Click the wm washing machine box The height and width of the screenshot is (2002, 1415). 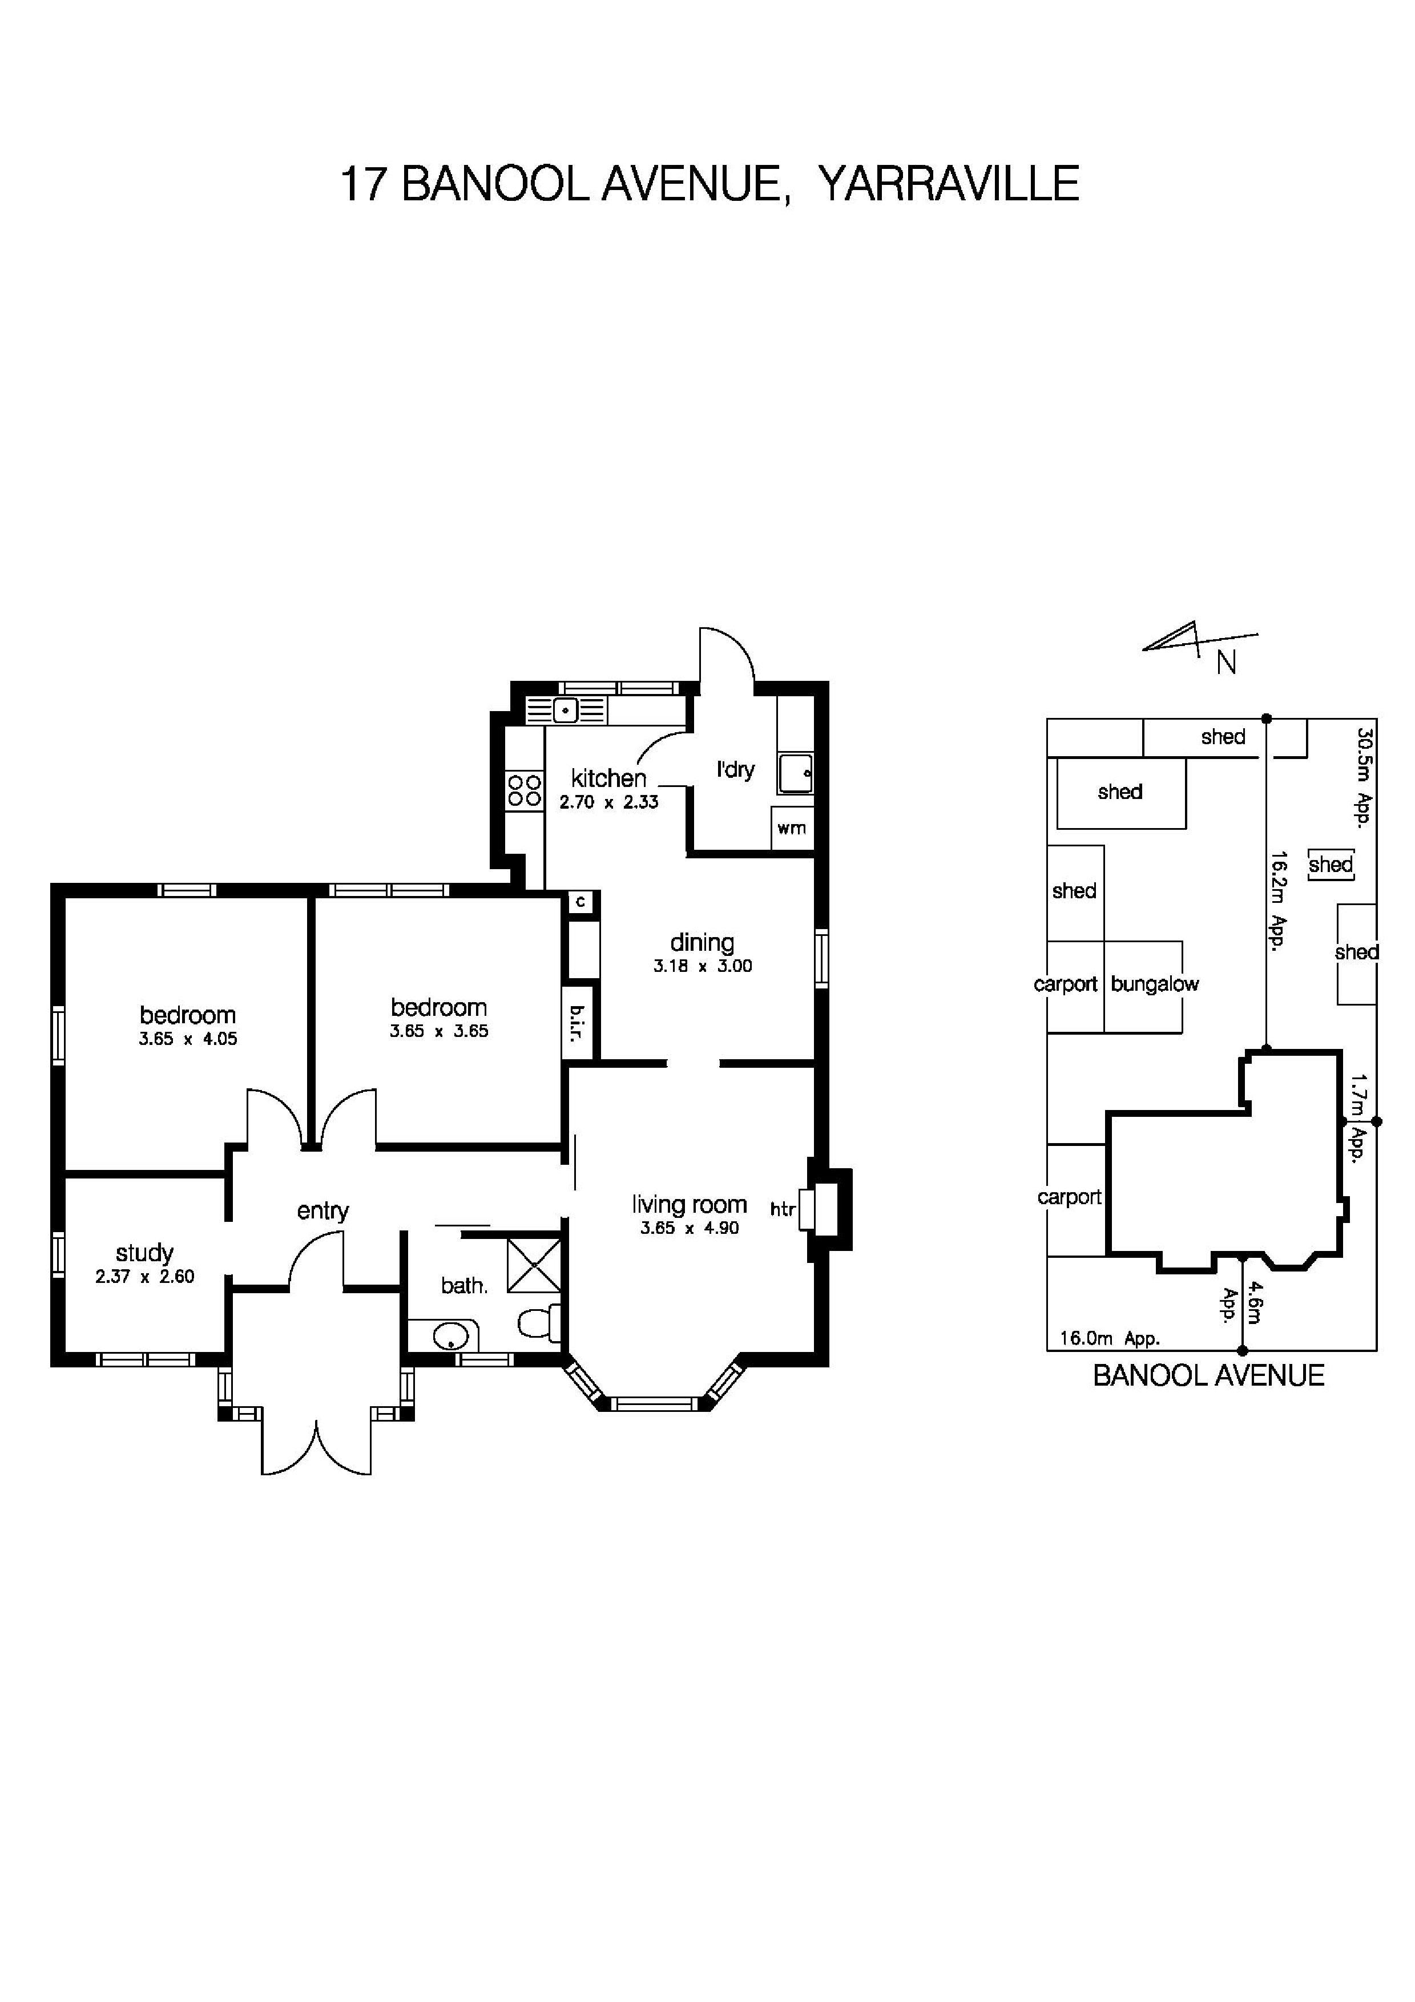coord(792,828)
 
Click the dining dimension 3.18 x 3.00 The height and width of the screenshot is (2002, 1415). coord(702,966)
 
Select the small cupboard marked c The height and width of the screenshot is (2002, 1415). coord(580,902)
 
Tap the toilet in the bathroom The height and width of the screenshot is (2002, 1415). coord(539,1323)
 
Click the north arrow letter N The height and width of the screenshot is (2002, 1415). coord(1226,664)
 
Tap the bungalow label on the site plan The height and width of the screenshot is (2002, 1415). coord(1154,984)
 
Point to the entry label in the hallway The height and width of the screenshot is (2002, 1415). coord(322,1210)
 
